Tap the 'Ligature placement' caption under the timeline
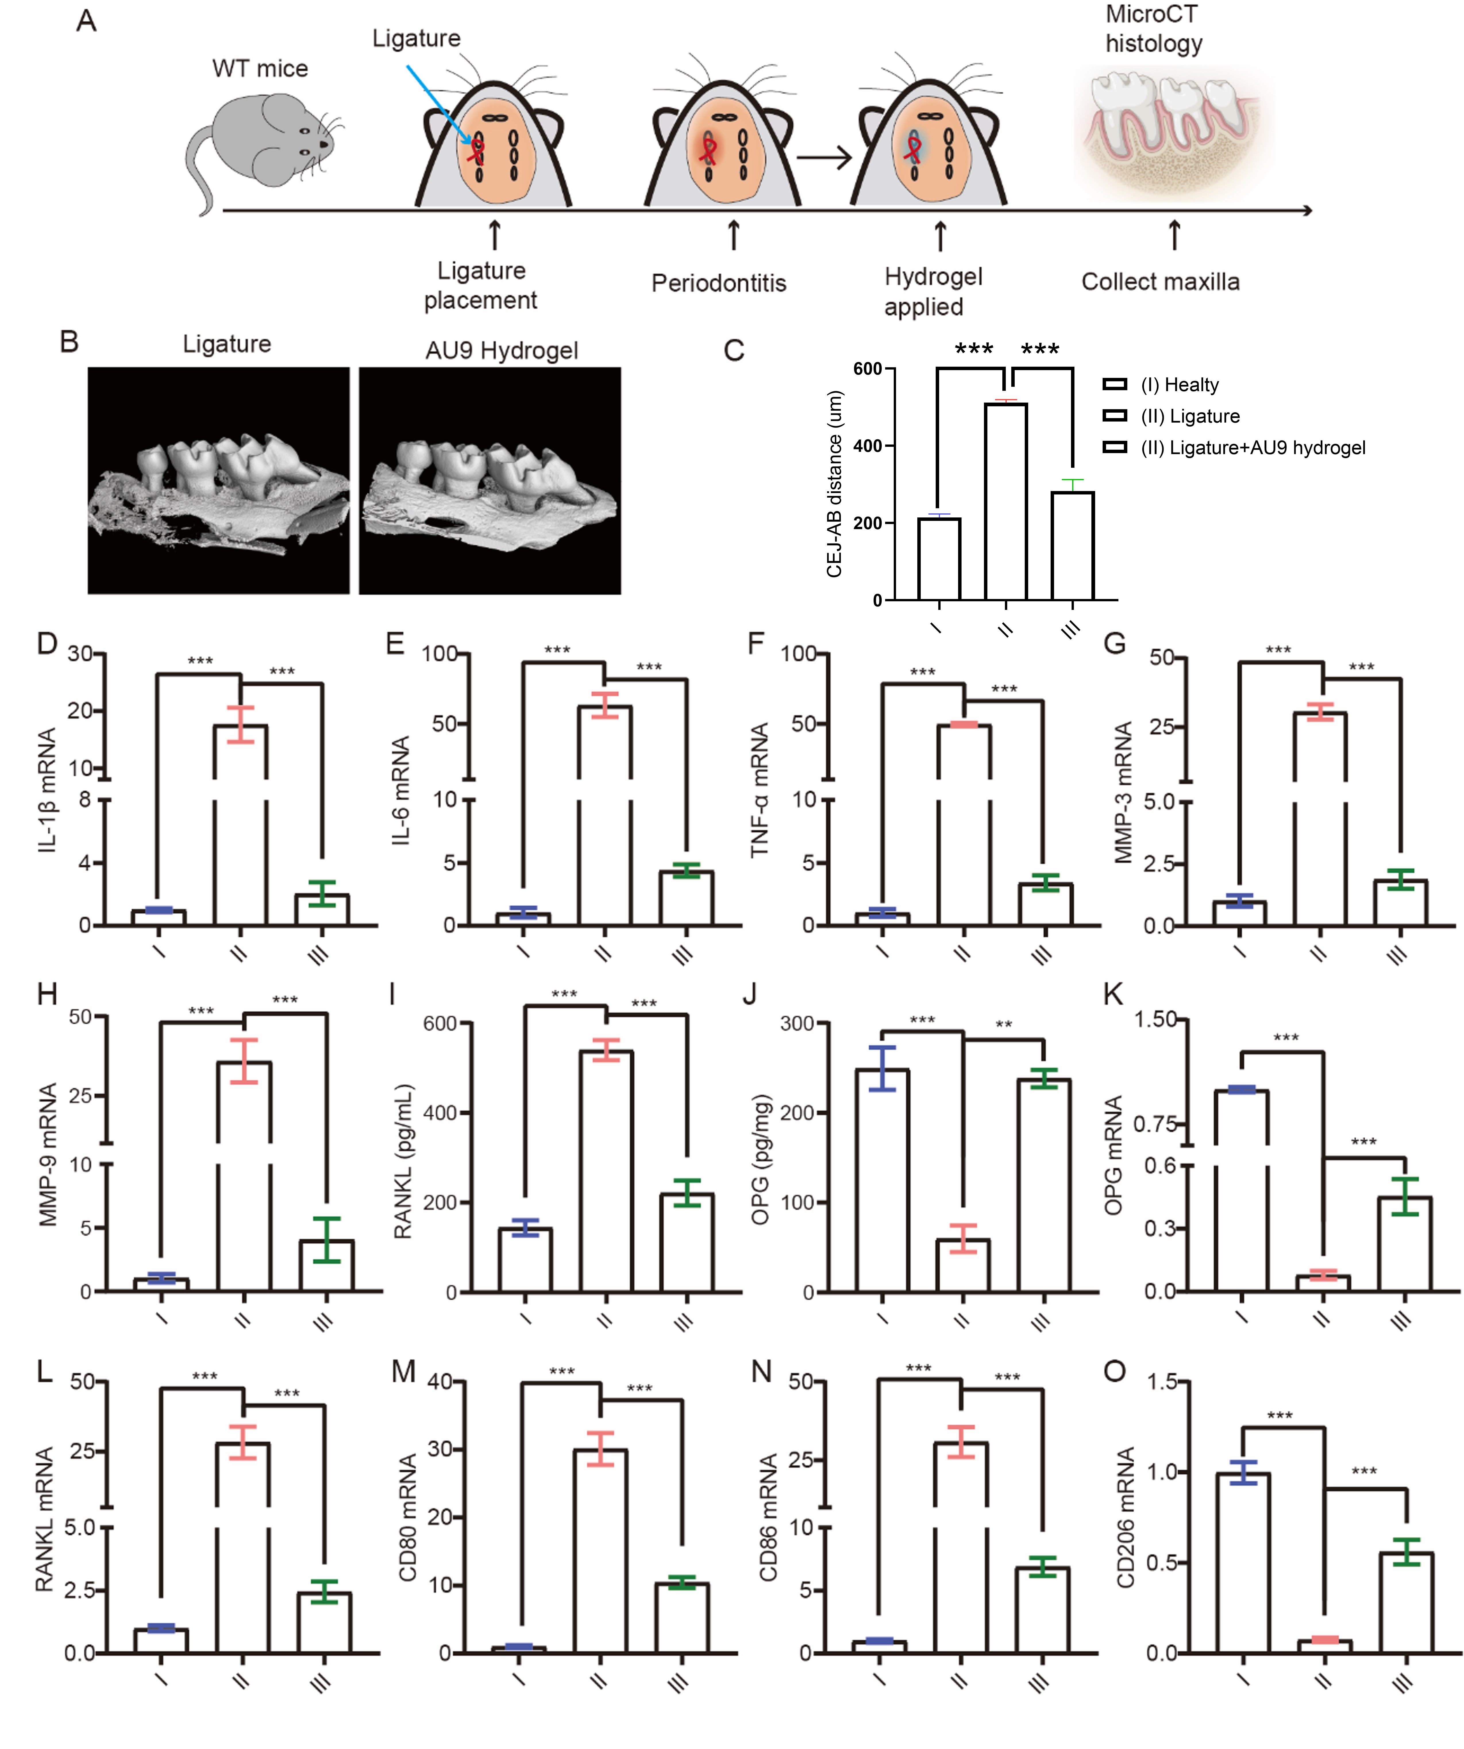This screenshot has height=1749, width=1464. coord(481,285)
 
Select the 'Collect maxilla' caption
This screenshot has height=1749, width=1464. coord(1160,281)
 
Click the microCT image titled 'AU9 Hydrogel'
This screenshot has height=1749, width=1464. coord(490,481)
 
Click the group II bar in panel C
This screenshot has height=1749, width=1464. coord(1006,501)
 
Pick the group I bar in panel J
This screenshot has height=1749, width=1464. coord(883,1181)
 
